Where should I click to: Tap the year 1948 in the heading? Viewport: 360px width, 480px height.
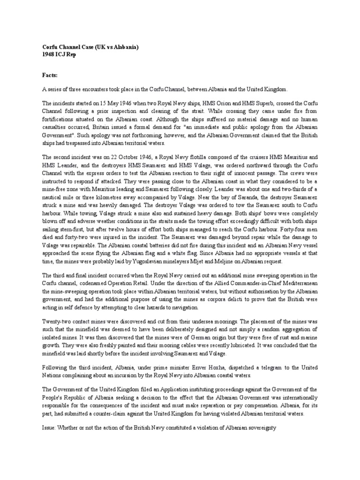49,55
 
